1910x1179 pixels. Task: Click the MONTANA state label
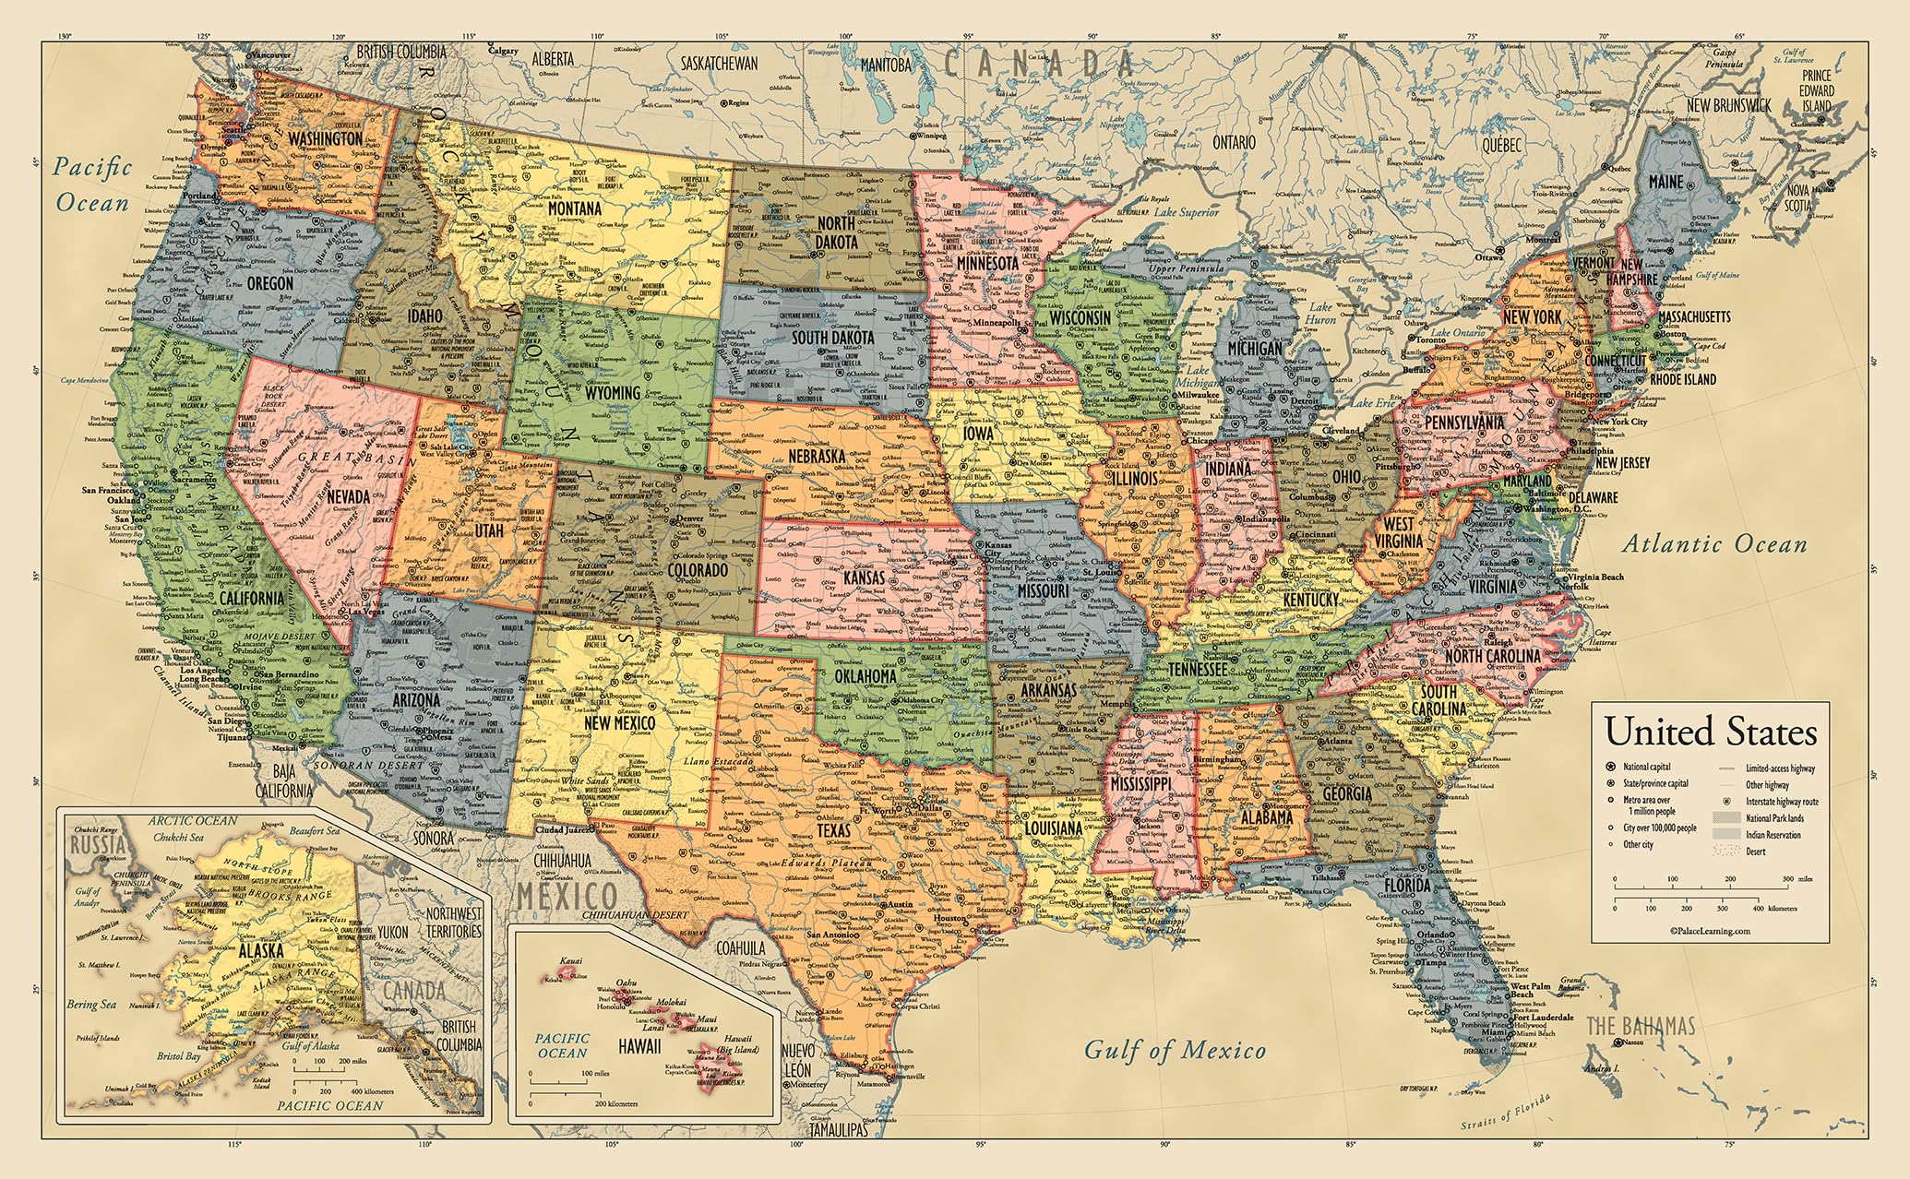point(574,208)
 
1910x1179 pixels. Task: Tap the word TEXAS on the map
point(833,830)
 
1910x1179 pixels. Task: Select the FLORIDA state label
point(1406,886)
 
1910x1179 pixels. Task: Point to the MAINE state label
point(1665,182)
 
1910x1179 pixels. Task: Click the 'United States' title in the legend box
point(1711,732)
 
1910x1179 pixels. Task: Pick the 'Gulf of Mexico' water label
point(1174,1050)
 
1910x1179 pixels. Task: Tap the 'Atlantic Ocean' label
point(1714,544)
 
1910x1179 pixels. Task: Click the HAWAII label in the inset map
point(639,1046)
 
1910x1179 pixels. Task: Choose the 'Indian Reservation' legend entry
point(1772,835)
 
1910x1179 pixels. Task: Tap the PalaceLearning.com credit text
point(1710,931)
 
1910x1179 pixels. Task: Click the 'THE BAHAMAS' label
point(1641,1026)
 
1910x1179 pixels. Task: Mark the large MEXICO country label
point(567,895)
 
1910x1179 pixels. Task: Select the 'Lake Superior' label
point(1186,212)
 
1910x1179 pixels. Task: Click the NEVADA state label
point(348,496)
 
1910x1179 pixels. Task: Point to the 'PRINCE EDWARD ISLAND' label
point(1816,90)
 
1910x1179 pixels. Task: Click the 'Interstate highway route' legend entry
point(1781,802)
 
